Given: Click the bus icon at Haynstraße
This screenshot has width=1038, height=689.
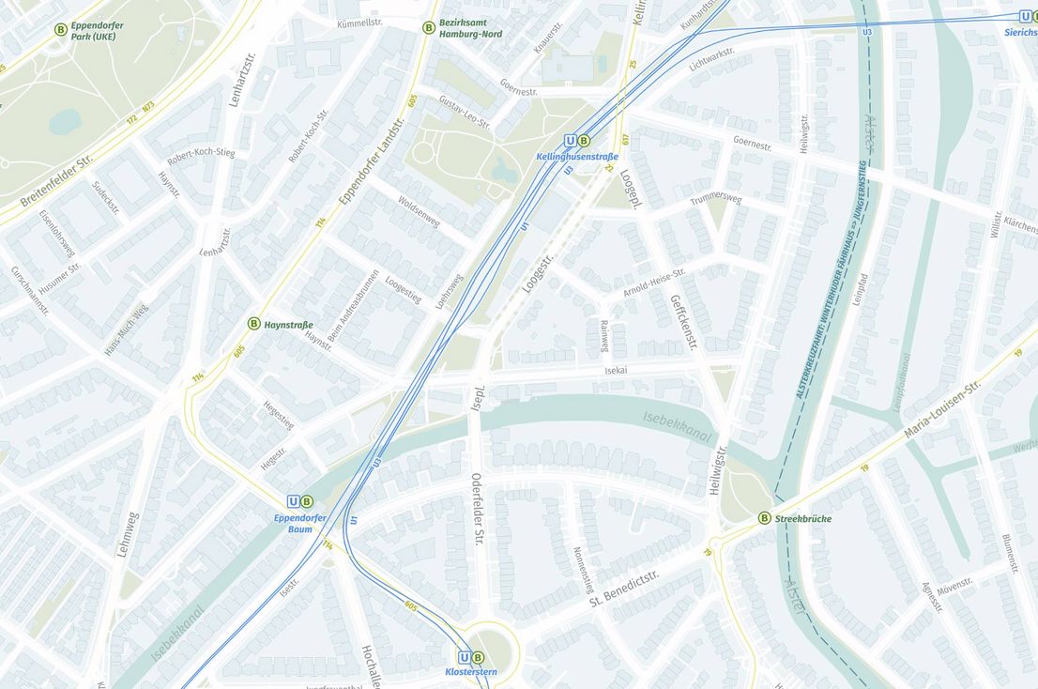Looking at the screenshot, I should click(253, 324).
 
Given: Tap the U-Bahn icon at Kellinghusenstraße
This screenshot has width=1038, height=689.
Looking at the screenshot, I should click(570, 141).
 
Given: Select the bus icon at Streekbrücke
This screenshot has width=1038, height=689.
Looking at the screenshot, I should click(764, 518).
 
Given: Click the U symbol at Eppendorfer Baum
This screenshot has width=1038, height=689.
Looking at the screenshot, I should click(294, 501).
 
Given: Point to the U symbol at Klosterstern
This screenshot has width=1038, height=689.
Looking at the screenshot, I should click(464, 658).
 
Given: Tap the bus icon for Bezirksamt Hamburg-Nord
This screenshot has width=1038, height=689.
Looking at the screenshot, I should click(429, 28).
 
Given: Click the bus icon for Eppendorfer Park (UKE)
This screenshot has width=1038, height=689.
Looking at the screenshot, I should click(61, 29).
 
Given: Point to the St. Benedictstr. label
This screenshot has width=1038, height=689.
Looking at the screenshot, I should click(624, 585).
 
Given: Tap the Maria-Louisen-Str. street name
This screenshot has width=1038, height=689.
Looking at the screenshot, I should click(941, 410).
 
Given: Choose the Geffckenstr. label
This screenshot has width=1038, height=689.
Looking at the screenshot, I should click(684, 321).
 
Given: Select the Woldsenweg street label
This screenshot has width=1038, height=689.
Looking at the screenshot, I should click(419, 211).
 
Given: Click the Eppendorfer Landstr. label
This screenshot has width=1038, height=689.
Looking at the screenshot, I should click(372, 161).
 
